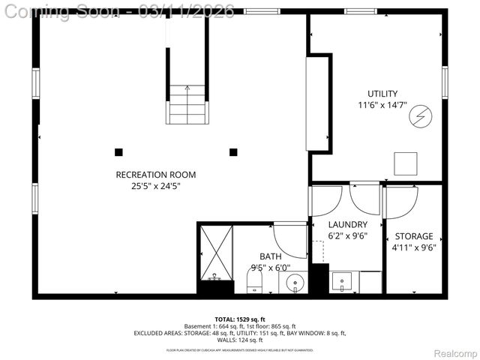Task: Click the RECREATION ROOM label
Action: (155, 175)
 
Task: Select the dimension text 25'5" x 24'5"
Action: (155, 187)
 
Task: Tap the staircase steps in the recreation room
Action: (186, 104)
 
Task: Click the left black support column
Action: (118, 152)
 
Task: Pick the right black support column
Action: (233, 152)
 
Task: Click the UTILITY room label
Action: (382, 94)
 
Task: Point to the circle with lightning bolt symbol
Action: (420, 116)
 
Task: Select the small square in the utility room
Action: (406, 163)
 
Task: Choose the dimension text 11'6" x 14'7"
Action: (382, 106)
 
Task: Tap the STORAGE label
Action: (414, 236)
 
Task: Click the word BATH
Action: (270, 256)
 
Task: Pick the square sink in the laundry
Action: (342, 283)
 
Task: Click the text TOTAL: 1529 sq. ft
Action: (239, 319)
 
